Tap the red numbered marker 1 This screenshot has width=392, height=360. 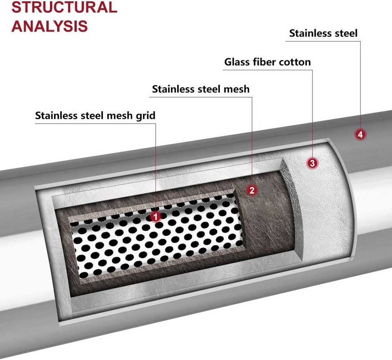[x=156, y=216]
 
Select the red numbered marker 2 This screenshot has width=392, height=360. [x=252, y=190]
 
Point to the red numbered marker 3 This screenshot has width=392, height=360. [x=312, y=163]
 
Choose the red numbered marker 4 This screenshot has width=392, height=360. [x=360, y=134]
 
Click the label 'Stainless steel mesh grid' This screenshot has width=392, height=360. [x=95, y=116]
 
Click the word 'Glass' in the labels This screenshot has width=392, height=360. [x=237, y=62]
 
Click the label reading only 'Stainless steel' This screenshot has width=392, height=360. [x=323, y=33]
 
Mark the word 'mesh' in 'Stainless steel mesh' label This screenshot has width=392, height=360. [x=235, y=89]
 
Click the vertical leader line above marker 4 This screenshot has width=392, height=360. [x=361, y=82]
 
